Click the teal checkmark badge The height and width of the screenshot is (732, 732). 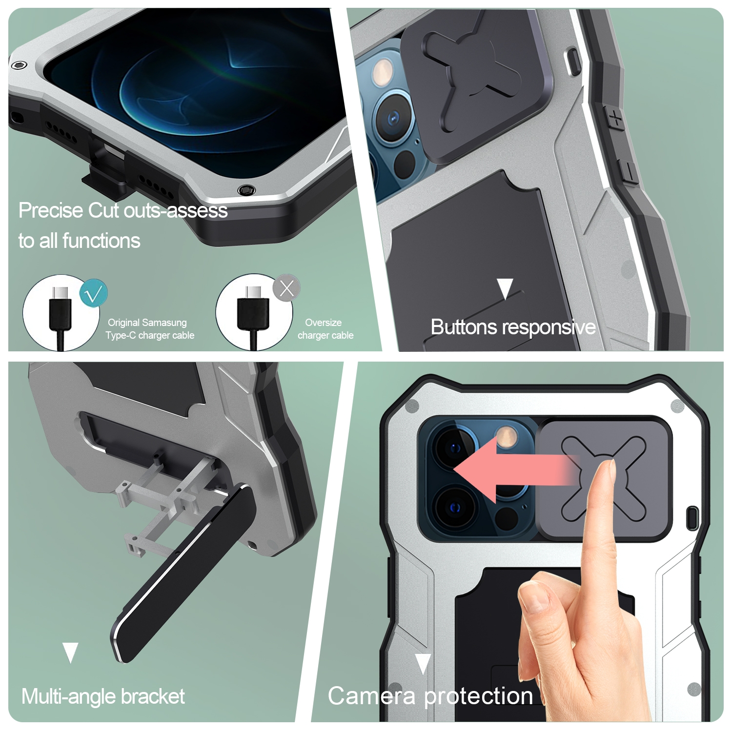coord(93,293)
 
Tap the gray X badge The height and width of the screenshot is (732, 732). coord(286,288)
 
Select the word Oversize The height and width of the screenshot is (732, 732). coord(323,323)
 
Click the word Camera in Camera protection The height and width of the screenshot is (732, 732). coord(372,696)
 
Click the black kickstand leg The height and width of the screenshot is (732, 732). coord(183,574)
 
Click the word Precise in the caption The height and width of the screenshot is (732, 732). coord(51,210)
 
